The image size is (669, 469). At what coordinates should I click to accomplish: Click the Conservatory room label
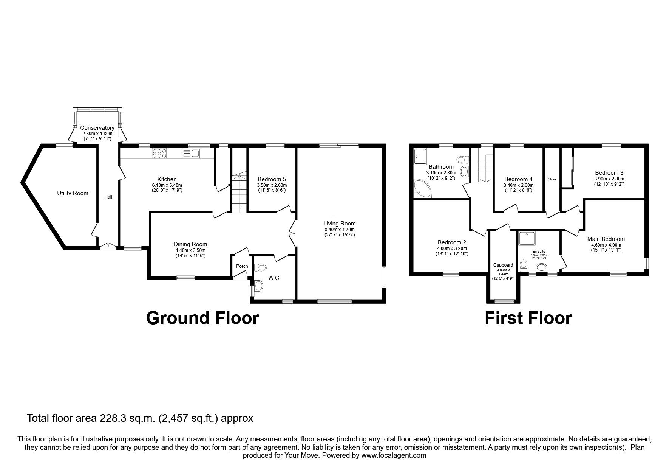pos(97,128)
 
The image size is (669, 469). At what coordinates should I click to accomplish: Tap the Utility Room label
pos(73,193)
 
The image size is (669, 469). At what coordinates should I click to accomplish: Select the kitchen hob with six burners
pos(159,153)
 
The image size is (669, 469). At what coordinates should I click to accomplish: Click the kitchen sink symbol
pos(191,153)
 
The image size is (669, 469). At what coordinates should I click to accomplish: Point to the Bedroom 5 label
pos(272,179)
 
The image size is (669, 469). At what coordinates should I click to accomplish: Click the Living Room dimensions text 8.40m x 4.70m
pos(340,229)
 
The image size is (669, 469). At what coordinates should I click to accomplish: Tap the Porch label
pos(242,266)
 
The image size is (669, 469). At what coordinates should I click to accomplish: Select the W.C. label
pos(274,278)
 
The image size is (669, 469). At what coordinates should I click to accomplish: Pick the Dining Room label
pos(190,244)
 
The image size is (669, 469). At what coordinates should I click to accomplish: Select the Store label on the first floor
pos(552,179)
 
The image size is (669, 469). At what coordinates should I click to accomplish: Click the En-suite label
pos(539,251)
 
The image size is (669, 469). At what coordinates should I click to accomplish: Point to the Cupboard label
pos(503,265)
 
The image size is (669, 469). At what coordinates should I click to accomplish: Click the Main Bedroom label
pos(606,239)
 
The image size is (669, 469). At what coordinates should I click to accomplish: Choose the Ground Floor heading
pos(202,318)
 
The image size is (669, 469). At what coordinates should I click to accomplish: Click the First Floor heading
pos(528,318)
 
